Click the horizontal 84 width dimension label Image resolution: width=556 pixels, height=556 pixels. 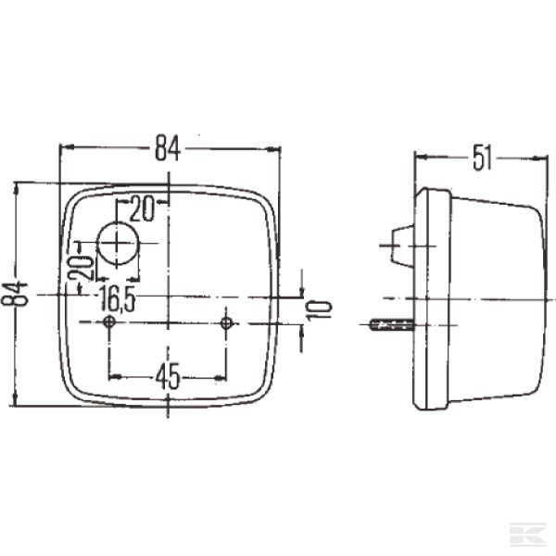click(x=168, y=146)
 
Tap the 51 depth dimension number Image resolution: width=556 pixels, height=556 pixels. click(x=480, y=158)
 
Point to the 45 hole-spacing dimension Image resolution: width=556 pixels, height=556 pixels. click(x=167, y=376)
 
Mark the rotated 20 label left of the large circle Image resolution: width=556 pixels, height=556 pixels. click(x=82, y=268)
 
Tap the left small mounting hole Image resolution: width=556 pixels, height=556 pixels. click(x=109, y=322)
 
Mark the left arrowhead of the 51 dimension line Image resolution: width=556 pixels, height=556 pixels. click(x=419, y=158)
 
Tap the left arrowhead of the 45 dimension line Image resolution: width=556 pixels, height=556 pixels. click(x=113, y=376)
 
